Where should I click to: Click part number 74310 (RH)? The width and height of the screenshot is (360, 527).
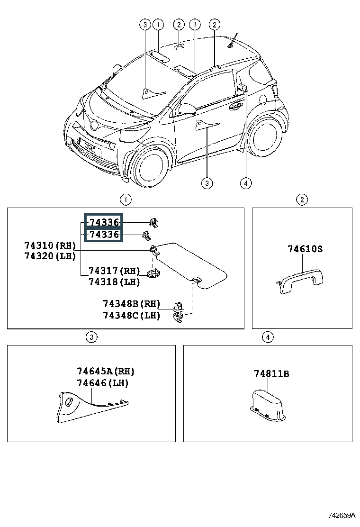[50, 245]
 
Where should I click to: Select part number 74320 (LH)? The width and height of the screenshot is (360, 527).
[50, 256]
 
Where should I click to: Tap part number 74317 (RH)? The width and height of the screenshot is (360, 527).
[114, 271]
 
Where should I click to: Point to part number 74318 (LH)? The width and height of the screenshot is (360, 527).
[114, 282]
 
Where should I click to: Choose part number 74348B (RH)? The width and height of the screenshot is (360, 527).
[132, 304]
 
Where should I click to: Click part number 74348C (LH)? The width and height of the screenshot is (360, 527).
[132, 315]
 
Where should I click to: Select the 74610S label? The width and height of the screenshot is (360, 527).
[305, 249]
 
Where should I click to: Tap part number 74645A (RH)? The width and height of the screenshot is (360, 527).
[106, 372]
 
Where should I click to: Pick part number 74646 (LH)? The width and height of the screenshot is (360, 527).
[103, 383]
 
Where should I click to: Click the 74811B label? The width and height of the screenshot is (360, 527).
[271, 374]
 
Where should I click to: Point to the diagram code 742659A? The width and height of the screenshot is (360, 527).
[342, 515]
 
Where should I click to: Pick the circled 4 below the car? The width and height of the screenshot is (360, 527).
[246, 183]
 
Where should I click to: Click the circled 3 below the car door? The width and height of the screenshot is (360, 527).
[207, 183]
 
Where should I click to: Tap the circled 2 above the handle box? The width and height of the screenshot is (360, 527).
[302, 200]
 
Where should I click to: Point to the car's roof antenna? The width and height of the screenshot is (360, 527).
[233, 41]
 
